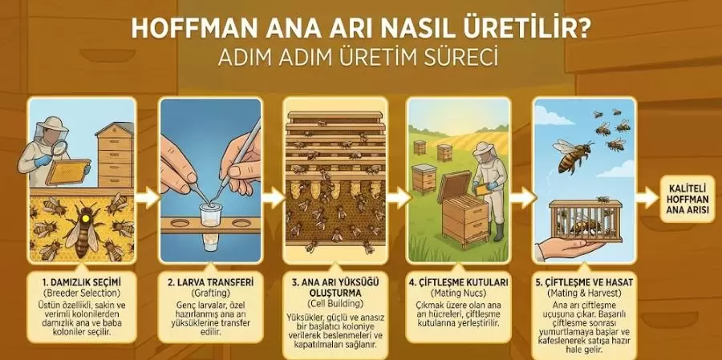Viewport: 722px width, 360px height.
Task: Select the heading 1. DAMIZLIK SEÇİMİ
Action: pyautogui.click(x=81, y=281)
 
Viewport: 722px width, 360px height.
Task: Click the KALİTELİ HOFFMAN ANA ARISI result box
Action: pyautogui.click(x=690, y=198)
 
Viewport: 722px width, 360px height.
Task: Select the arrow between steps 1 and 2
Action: pyautogui.click(x=148, y=198)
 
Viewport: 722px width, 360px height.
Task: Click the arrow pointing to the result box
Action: pyautogui.click(x=647, y=198)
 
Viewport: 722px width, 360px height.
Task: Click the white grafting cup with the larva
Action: pyautogui.click(x=210, y=215)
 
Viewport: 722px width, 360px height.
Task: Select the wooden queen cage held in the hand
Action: pyautogui.click(x=586, y=221)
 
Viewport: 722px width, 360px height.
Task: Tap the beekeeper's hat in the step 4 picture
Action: pyautogui.click(x=484, y=148)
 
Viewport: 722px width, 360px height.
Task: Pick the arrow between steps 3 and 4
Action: pyautogui.click(x=399, y=198)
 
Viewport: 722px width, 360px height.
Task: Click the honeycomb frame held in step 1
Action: pyautogui.click(x=67, y=172)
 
